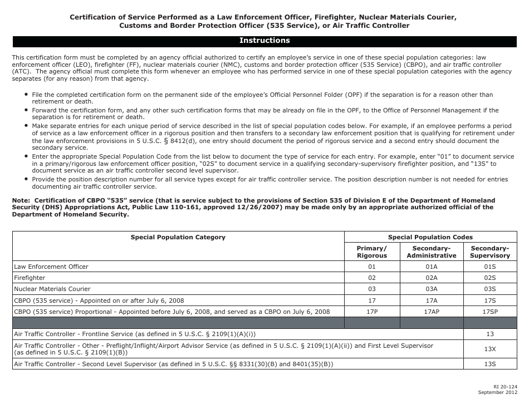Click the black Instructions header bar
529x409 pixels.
[x=264, y=41]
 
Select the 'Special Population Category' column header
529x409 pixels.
[x=178, y=237]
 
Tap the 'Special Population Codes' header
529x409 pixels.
[x=430, y=237]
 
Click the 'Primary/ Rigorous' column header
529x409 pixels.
[x=372, y=252]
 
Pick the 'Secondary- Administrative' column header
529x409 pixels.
[x=432, y=252]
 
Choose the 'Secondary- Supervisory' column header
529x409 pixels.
[x=490, y=252]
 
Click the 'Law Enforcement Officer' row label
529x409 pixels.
[x=51, y=267]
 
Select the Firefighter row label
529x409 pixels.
[x=30, y=278]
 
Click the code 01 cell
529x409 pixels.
[x=372, y=267]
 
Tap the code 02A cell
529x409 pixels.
[x=432, y=278]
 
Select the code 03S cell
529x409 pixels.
[x=490, y=289]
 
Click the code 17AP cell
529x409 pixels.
[x=432, y=312]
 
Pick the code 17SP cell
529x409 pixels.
[x=490, y=312]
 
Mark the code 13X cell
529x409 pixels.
[x=490, y=349]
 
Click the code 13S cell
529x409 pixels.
[x=490, y=364]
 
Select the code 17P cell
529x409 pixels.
[x=372, y=312]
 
